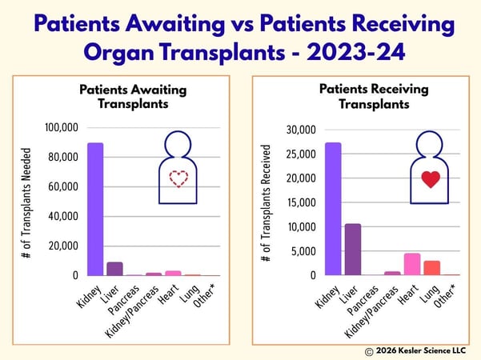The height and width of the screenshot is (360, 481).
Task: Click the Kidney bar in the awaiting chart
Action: (95, 209)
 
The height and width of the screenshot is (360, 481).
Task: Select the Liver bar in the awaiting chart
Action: (114, 269)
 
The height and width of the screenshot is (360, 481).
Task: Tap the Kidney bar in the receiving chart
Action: (333, 209)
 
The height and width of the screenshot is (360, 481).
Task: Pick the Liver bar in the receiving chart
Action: (353, 250)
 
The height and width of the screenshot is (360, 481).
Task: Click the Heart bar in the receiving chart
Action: (412, 264)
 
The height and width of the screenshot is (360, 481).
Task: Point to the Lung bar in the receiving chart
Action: (432, 268)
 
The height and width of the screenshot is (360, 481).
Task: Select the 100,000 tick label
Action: (62, 127)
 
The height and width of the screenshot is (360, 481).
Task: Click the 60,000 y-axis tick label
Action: (63, 186)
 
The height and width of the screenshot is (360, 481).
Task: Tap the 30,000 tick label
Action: (301, 130)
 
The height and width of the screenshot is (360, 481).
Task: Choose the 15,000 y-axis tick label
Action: (302, 202)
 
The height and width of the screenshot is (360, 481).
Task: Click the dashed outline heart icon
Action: (178, 178)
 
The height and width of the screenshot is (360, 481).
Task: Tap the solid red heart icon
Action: (431, 179)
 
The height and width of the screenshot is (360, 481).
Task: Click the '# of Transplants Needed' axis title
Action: (26, 203)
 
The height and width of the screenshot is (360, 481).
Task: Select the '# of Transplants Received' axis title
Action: (266, 203)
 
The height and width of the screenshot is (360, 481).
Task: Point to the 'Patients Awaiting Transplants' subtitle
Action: (133, 97)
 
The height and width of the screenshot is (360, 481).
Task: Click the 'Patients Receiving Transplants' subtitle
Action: (374, 97)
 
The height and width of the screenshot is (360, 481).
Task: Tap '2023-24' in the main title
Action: (356, 52)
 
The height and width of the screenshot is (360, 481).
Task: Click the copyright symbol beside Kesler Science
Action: (369, 351)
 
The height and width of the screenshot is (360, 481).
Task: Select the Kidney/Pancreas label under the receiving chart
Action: (371, 311)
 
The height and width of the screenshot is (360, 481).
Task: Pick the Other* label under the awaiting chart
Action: (204, 295)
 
